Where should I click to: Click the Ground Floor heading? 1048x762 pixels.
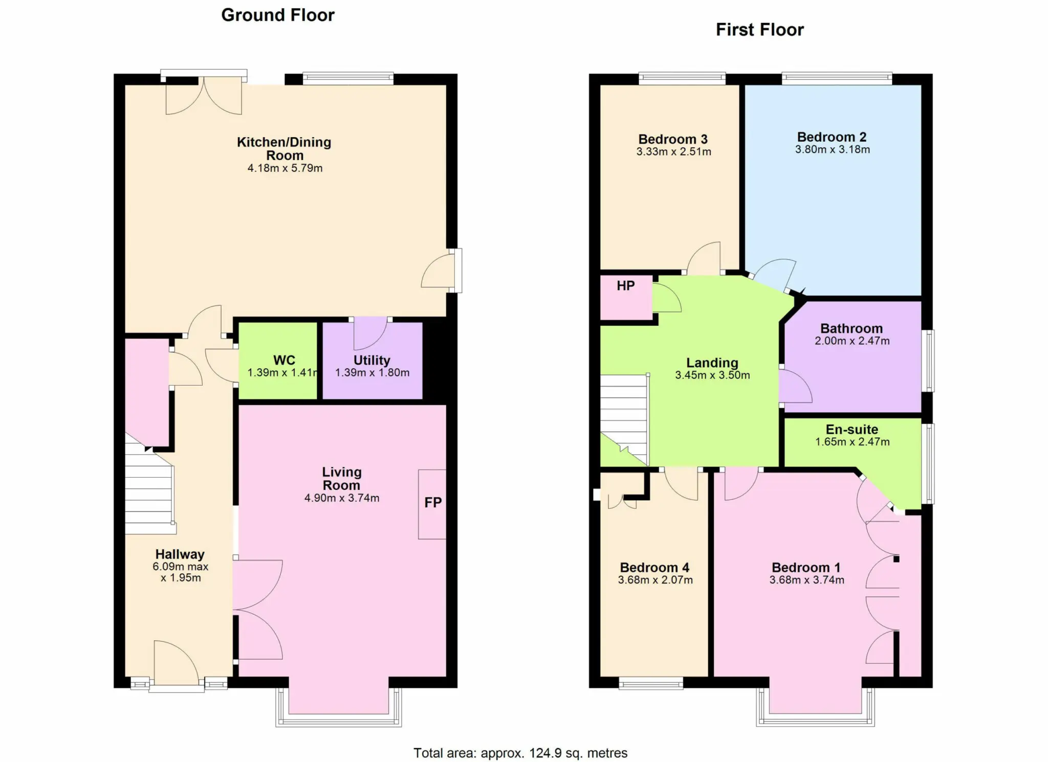click(x=278, y=15)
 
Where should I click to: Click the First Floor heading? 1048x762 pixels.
click(x=760, y=30)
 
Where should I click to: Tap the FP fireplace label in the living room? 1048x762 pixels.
click(x=433, y=502)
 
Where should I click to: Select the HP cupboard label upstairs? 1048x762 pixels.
click(x=626, y=286)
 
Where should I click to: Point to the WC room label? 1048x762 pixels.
click(x=285, y=360)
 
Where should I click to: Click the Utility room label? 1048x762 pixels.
click(x=372, y=360)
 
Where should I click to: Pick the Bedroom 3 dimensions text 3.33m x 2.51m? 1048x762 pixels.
click(x=673, y=151)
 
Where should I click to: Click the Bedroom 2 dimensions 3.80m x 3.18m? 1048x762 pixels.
click(x=833, y=149)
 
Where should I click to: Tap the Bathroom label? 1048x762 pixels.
click(x=851, y=328)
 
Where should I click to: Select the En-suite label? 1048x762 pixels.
click(x=852, y=430)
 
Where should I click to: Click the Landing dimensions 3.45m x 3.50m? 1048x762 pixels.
click(x=712, y=375)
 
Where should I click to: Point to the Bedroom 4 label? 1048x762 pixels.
click(x=654, y=568)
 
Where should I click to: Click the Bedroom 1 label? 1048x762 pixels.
click(x=806, y=568)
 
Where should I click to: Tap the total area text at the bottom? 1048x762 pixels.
click(x=520, y=753)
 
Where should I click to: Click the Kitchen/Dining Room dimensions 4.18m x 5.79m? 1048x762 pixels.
click(x=285, y=168)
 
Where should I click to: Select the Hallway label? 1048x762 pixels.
click(x=180, y=554)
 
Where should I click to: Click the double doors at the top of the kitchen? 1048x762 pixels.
click(x=204, y=96)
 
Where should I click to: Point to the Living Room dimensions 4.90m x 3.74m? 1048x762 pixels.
click(x=342, y=498)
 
